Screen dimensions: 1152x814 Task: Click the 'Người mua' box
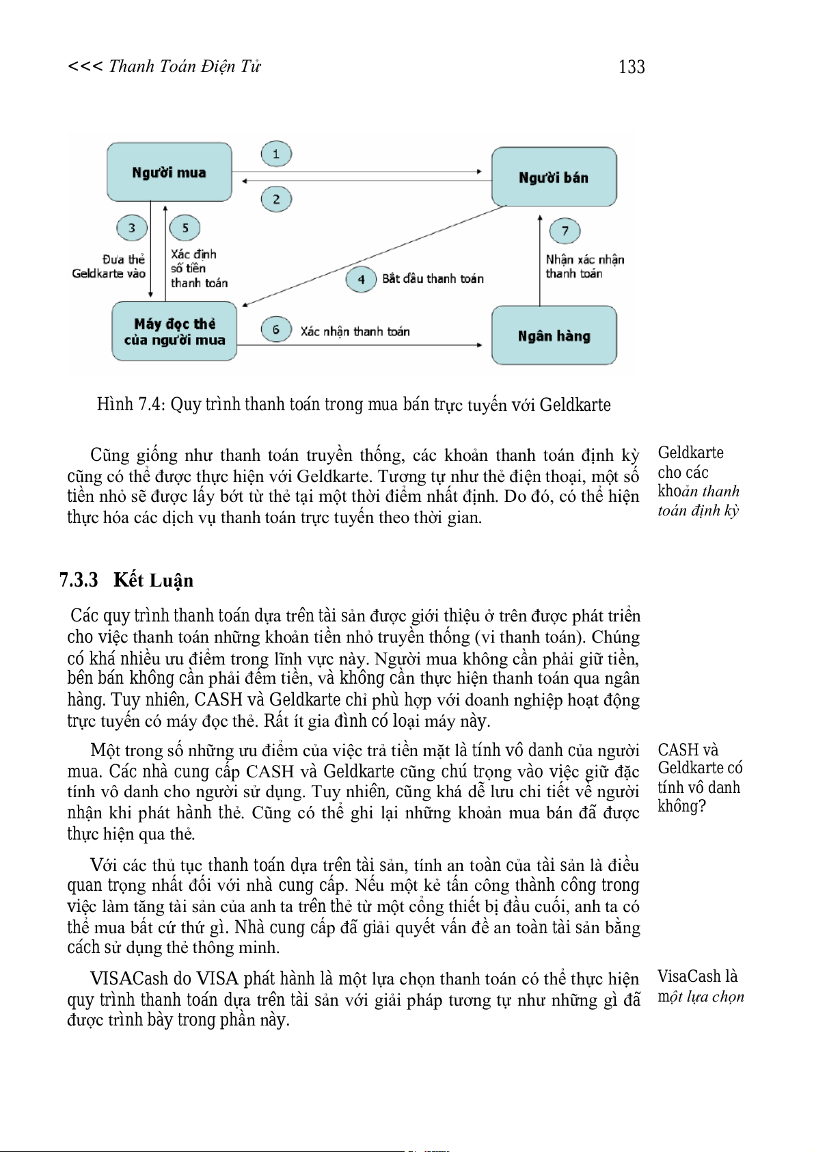169,172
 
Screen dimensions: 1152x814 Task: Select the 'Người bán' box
554,177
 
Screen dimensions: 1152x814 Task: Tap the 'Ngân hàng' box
554,335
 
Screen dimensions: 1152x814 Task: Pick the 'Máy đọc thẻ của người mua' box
174,332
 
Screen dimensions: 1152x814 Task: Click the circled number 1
276,154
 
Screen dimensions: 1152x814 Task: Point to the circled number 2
276,200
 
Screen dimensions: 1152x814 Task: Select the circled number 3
132,228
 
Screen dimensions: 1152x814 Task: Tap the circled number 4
361,279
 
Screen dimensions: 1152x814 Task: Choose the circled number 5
185,228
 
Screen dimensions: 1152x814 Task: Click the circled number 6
276,330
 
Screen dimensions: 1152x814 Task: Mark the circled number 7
565,231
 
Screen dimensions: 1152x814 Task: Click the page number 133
632,67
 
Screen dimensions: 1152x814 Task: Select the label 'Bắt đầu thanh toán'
433,279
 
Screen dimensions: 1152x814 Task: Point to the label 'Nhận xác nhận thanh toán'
584,267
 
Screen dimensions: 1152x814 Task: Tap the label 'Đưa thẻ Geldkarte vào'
109,267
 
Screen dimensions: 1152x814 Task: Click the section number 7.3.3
79,580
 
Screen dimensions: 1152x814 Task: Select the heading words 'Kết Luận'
153,580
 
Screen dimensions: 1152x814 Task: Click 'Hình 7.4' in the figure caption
131,405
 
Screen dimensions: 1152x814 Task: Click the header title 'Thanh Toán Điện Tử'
185,66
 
